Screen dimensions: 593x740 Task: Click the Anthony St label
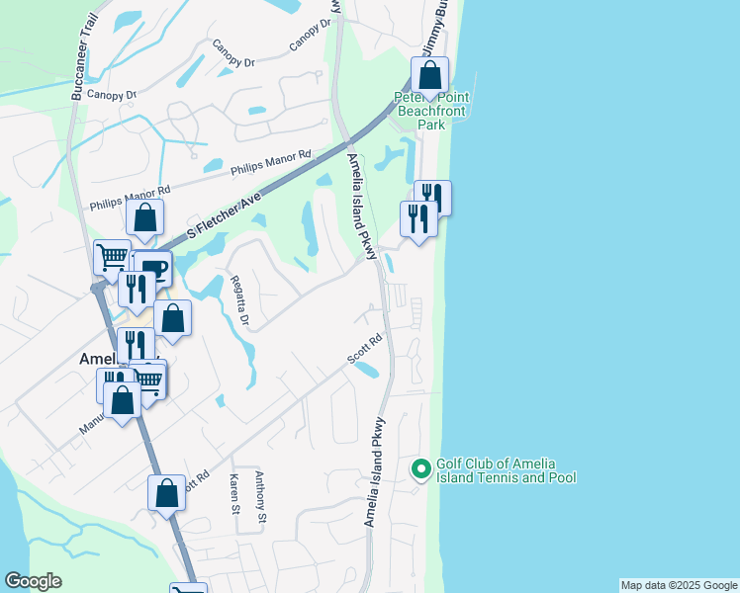[260, 496]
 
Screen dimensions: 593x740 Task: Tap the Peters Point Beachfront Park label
[432, 112]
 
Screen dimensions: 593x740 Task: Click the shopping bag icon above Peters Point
[430, 74]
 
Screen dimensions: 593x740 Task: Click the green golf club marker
[420, 469]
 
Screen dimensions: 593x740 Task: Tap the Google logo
[33, 581]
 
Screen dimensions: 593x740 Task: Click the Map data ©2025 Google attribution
[679, 585]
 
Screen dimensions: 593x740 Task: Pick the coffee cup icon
[153, 269]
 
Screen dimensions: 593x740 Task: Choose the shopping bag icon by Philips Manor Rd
[145, 218]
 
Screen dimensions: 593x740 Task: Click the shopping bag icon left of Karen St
[166, 491]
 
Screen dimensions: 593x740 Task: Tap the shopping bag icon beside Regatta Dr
[172, 317]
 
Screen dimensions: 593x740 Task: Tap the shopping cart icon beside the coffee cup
[112, 257]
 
